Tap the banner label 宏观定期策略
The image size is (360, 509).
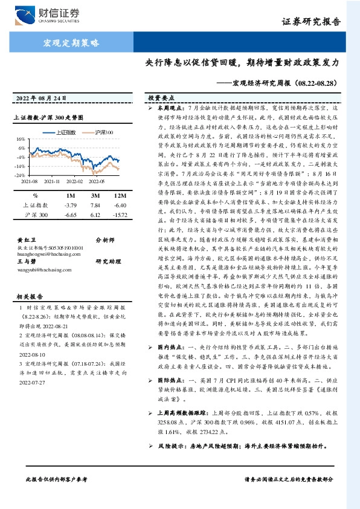point(71,42)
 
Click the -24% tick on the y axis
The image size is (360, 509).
point(20,175)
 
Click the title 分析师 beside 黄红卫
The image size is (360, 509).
point(106,240)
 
